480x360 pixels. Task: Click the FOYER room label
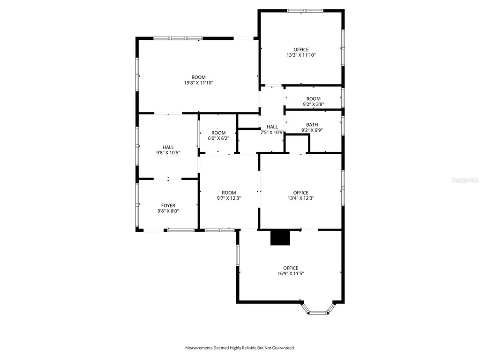[x=168, y=206]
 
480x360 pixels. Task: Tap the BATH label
[x=312, y=125]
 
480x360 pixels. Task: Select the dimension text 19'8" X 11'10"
[x=198, y=82]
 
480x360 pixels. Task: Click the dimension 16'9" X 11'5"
[x=291, y=273]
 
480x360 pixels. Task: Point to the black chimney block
[x=280, y=238]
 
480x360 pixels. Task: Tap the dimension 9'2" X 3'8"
[x=314, y=104]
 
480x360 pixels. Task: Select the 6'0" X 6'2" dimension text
[x=218, y=138]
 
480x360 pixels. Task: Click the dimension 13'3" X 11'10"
[x=301, y=55]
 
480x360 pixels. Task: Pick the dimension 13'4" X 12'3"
[x=300, y=198]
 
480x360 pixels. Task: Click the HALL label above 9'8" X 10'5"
[x=168, y=147]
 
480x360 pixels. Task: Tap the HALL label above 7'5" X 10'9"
[x=272, y=127]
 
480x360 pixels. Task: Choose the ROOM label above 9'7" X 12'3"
[x=229, y=193]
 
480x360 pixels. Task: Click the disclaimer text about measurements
[x=240, y=348]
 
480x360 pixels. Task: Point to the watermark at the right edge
[x=465, y=180]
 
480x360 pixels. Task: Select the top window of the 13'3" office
[x=305, y=11]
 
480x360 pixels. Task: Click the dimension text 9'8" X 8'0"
[x=168, y=211]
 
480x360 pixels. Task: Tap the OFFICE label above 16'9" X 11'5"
[x=291, y=268]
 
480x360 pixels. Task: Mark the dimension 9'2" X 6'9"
[x=312, y=130]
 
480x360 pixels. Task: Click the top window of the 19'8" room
[x=178, y=38]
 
